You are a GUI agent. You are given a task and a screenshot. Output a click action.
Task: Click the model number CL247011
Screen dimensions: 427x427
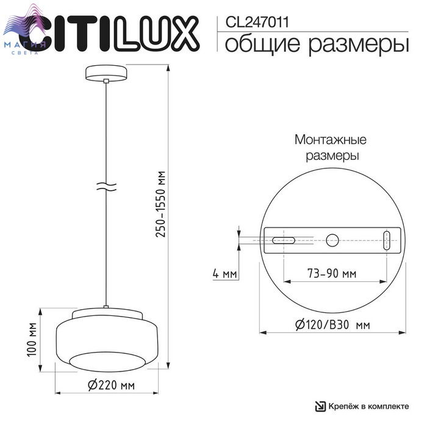[x=257, y=22]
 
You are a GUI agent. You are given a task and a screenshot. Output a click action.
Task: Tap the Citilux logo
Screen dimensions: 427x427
[x=109, y=33]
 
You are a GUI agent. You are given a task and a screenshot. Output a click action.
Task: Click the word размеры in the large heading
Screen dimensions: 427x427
[x=359, y=45]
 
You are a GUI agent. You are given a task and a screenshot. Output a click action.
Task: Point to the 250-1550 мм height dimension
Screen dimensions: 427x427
[x=160, y=204]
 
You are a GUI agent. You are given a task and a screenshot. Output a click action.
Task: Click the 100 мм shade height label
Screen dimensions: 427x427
[x=32, y=339]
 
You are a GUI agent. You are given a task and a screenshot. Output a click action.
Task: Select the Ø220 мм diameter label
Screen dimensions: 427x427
[x=111, y=385]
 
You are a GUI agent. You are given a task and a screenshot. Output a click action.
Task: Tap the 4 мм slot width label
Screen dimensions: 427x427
[x=224, y=273]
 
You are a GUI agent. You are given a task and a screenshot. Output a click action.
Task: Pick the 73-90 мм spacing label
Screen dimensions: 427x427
[x=332, y=273]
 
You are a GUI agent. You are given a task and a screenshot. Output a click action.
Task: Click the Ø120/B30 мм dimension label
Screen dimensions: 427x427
[x=332, y=325]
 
